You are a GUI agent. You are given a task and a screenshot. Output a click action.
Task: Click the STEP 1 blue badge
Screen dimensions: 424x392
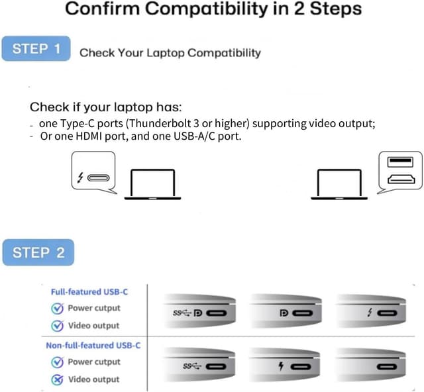click(x=36, y=48)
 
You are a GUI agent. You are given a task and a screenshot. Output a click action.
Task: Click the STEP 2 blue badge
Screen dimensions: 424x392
click(x=38, y=252)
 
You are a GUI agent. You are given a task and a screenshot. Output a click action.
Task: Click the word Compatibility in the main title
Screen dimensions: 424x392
click(x=206, y=9)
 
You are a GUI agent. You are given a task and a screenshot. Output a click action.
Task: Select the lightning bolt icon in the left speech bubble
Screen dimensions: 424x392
click(x=80, y=177)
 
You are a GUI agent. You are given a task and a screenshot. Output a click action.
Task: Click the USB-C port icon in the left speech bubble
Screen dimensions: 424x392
click(x=99, y=178)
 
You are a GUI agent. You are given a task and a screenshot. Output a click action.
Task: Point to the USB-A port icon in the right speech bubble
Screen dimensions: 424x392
click(x=400, y=162)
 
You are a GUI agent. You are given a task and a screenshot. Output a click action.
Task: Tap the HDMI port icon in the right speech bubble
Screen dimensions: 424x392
click(x=401, y=179)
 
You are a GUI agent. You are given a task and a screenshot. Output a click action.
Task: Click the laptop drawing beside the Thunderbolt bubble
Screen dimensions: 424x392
click(x=152, y=185)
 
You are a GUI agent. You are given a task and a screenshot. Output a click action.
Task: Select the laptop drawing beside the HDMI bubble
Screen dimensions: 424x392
click(x=339, y=185)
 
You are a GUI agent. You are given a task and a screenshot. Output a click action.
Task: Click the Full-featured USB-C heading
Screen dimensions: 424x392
click(x=89, y=292)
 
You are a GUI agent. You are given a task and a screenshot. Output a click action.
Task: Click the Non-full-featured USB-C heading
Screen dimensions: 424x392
click(x=93, y=346)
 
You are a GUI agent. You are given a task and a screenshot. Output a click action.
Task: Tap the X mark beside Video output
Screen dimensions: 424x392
click(x=58, y=379)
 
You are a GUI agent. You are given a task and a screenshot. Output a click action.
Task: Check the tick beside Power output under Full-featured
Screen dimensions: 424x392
click(x=58, y=308)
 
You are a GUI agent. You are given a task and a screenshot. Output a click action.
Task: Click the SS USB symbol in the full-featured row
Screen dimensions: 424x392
click(x=182, y=313)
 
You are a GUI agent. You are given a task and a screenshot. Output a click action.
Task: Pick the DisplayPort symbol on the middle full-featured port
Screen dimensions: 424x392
click(x=284, y=313)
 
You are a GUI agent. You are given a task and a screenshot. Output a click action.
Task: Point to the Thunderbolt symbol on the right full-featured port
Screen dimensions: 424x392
click(x=370, y=313)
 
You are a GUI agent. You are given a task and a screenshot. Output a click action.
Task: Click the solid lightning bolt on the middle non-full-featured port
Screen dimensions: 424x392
click(x=281, y=366)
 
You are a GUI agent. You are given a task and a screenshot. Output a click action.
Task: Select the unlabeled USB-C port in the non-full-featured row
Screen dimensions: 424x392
click(x=387, y=367)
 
